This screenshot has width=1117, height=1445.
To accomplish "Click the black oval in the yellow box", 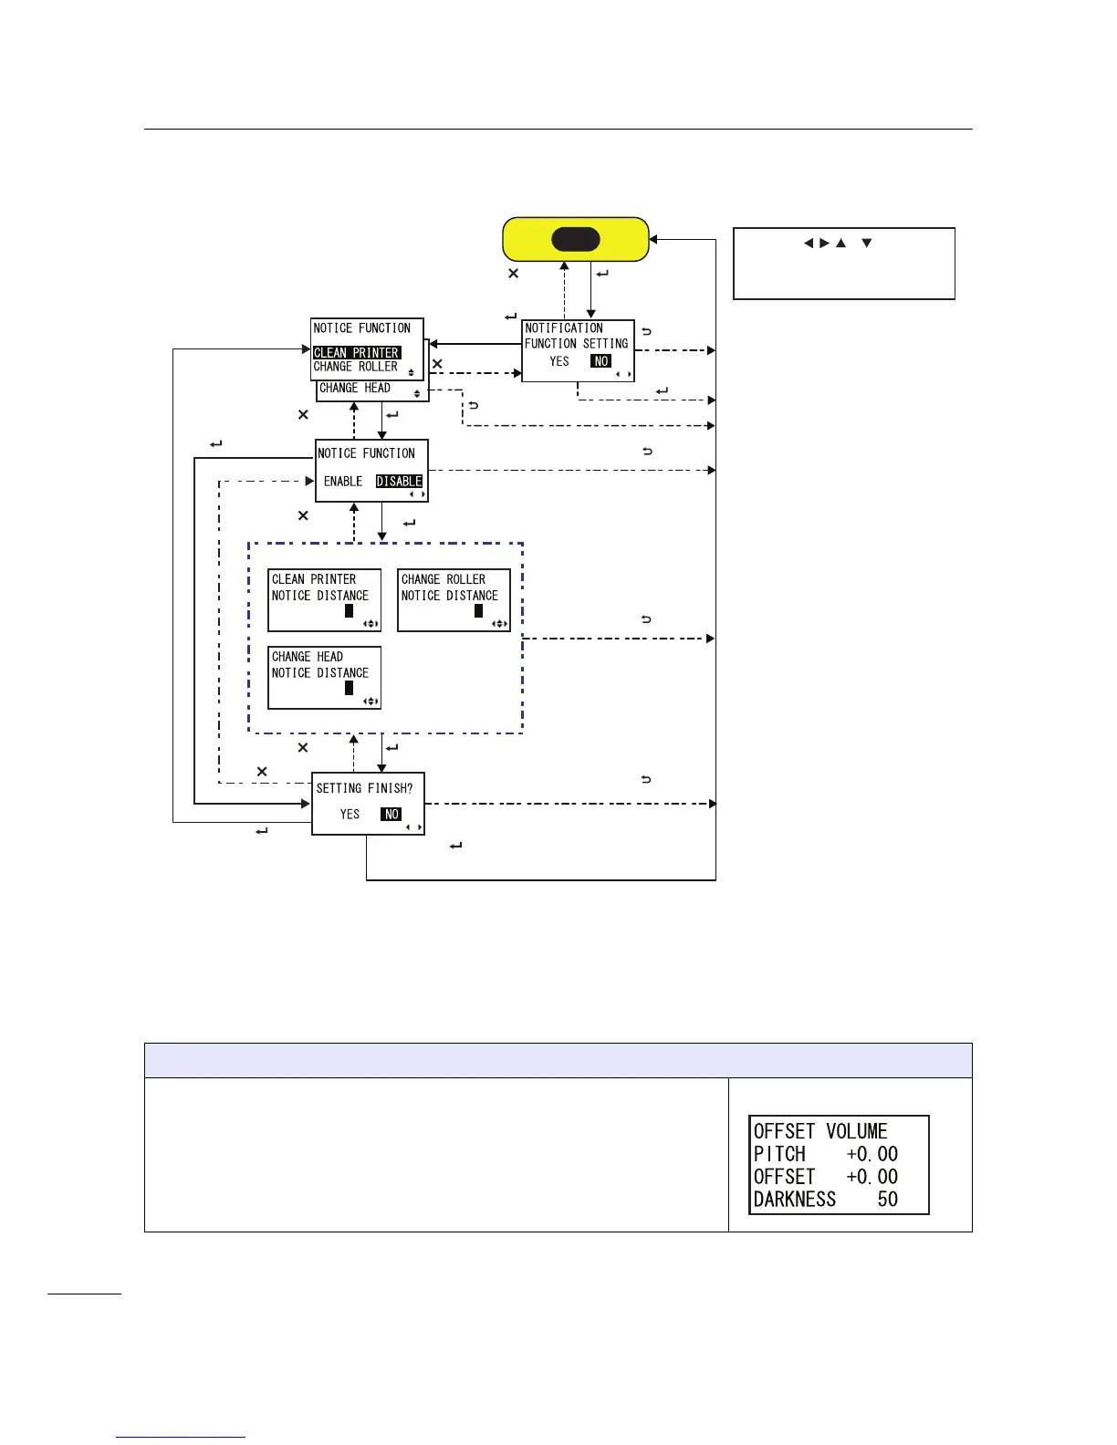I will [576, 240].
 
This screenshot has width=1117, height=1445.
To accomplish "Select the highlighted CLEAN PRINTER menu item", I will [356, 352].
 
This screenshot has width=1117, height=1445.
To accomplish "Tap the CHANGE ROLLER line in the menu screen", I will [356, 367].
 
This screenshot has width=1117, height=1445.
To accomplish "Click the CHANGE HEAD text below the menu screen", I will [355, 389].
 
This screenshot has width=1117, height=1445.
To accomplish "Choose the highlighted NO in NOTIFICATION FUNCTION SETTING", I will [600, 361].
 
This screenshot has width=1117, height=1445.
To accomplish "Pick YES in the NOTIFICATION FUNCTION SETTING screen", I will [559, 361].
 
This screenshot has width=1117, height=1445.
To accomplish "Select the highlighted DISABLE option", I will [399, 482].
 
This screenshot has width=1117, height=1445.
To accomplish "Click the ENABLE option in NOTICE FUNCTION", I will [343, 482].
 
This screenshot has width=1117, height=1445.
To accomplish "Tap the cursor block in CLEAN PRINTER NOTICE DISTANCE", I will [349, 610].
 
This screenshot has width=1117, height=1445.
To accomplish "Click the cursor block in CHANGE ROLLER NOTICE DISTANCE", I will [478, 610].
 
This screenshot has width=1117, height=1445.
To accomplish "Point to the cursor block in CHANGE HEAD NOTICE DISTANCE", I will [349, 688].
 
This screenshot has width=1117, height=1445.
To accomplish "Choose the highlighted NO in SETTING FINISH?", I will [391, 815].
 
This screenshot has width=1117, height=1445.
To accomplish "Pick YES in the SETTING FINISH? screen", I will [350, 815].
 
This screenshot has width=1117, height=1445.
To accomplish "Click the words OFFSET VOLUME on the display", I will [820, 1131].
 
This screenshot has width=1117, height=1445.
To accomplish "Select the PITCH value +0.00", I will [872, 1154].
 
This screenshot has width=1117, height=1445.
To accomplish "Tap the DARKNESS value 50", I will [888, 1200].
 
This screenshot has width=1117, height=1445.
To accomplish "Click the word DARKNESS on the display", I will [795, 1200].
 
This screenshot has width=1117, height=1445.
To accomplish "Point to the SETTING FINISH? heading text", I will [364, 788].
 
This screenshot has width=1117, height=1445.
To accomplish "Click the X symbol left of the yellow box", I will [514, 274].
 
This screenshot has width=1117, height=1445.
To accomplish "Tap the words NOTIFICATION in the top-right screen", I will [564, 328].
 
